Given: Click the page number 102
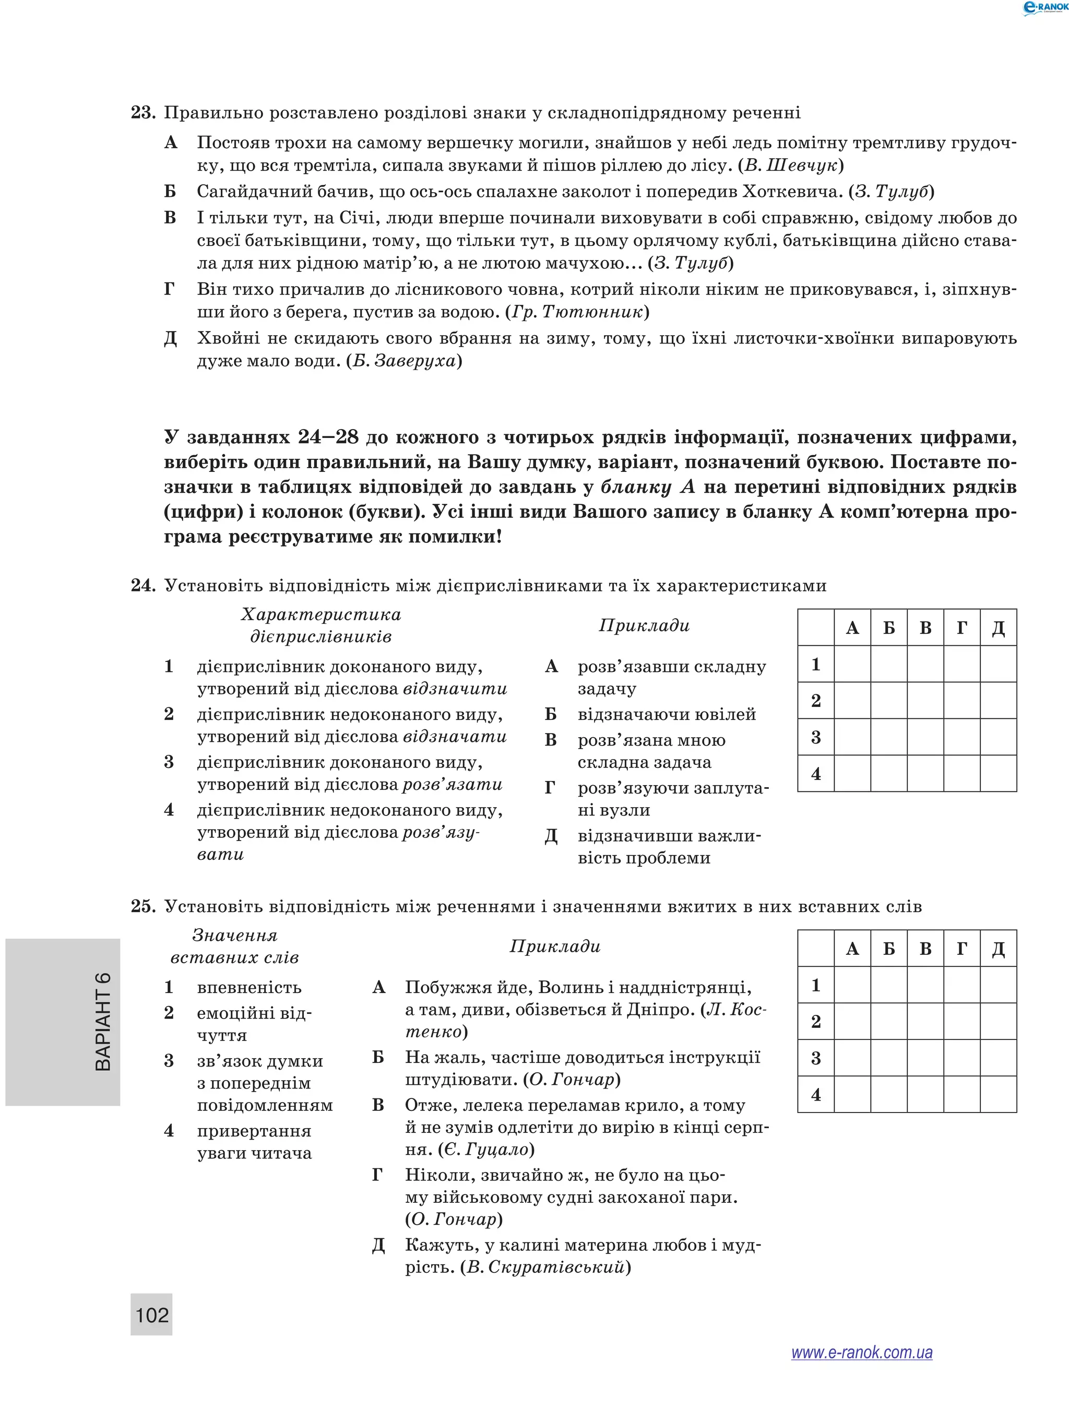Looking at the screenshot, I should (x=152, y=1315).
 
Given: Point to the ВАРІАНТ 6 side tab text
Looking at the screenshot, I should (x=103, y=1022).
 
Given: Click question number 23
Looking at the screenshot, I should (x=143, y=113).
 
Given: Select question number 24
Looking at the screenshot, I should (x=143, y=586).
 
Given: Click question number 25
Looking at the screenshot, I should (x=143, y=906).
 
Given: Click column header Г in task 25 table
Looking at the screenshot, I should (x=961, y=949).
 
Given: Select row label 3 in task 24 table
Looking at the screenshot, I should (x=816, y=738).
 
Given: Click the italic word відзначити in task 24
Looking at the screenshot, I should (x=455, y=689).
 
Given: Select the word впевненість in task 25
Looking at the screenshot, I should (x=249, y=988).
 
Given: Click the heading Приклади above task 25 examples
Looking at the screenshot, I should (x=555, y=946).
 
